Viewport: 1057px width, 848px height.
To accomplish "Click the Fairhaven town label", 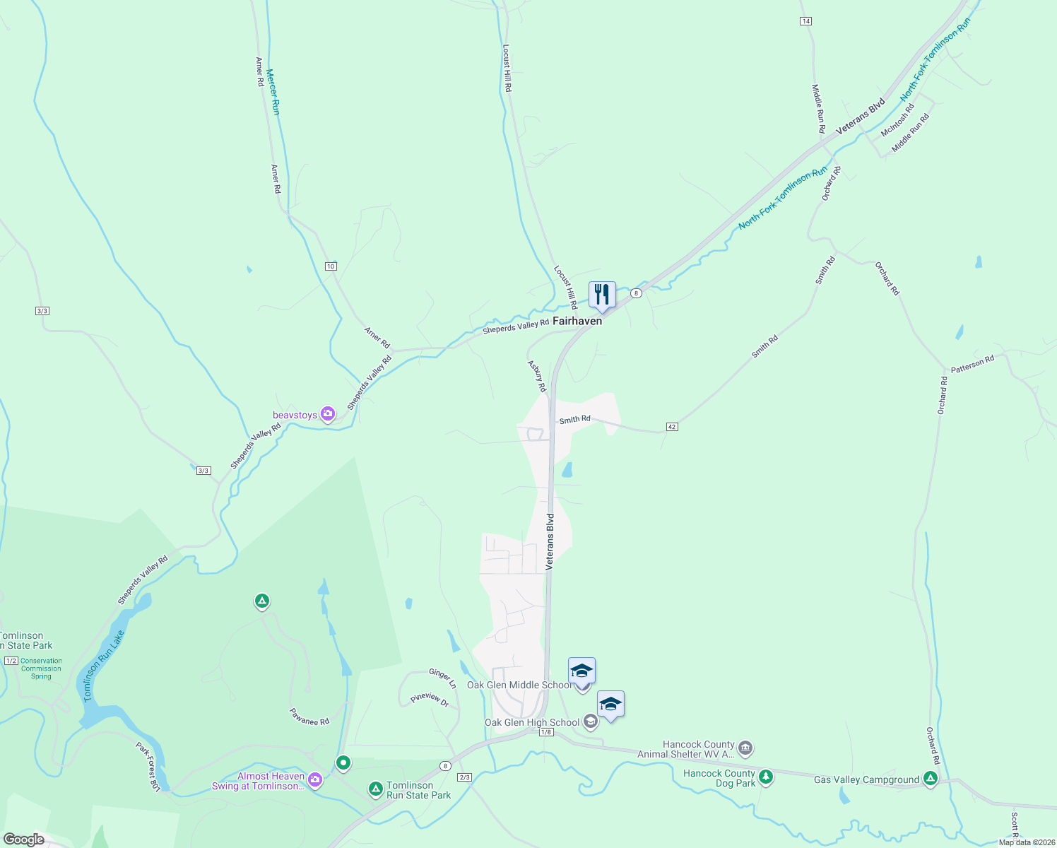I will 577,321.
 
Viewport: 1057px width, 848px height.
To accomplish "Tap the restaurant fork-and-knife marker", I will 602,294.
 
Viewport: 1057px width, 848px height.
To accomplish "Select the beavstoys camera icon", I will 327,414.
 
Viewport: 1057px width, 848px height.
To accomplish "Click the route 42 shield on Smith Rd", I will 672,427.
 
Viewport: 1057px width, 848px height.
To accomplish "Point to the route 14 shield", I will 805,21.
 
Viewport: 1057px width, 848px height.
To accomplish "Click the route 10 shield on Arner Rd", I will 331,266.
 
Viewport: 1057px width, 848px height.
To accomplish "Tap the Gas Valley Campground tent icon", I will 931,779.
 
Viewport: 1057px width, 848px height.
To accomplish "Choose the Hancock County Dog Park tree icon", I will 765,778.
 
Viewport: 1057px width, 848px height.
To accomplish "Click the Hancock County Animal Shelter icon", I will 745,748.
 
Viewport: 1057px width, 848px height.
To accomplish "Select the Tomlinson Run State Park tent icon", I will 376,789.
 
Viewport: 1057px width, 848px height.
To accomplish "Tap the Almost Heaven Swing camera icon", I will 314,780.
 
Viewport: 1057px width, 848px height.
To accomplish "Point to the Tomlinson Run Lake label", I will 104,666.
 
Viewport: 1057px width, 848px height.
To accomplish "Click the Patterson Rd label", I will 972,364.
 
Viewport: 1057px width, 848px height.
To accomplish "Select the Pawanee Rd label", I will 309,717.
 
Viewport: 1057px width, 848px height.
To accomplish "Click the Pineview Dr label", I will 430,700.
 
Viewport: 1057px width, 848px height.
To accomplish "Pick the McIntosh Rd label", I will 897,120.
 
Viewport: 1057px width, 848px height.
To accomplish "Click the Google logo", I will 23,840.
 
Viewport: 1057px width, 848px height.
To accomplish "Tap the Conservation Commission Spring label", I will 41,669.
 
